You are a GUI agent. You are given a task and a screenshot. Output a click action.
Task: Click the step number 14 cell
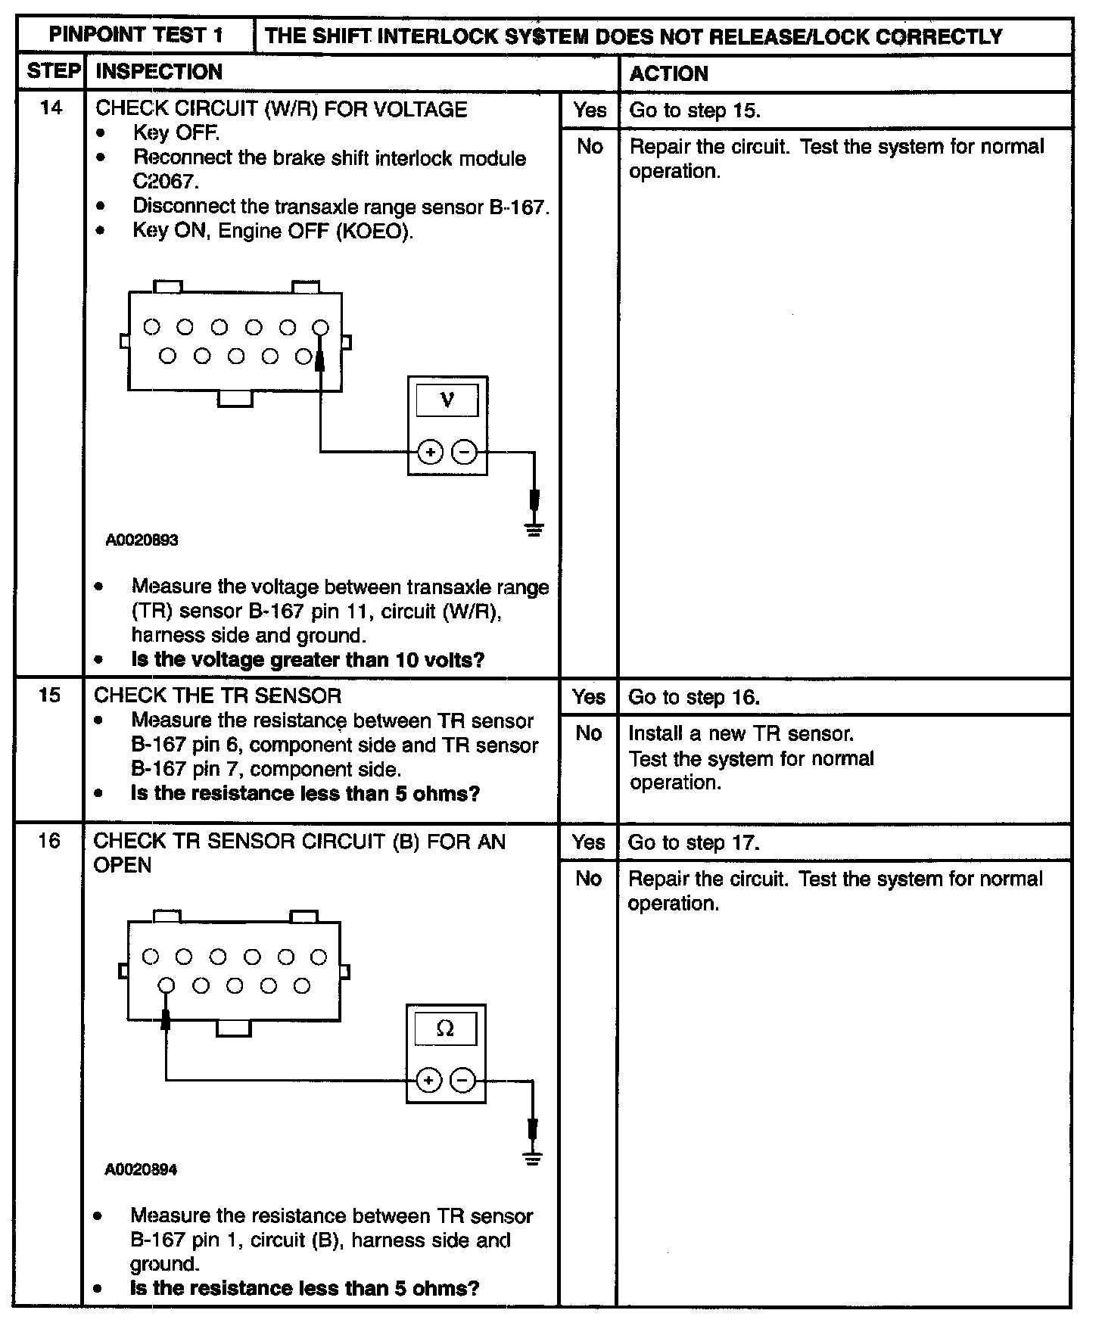(x=51, y=107)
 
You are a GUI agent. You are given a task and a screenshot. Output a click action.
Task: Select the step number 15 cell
(x=49, y=695)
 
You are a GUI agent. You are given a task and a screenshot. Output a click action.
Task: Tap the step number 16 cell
(x=49, y=841)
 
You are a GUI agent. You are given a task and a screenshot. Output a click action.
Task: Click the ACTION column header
(x=669, y=73)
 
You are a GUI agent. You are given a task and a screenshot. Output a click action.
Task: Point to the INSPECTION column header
(x=160, y=72)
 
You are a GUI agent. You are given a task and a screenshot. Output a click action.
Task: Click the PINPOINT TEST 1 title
(x=136, y=36)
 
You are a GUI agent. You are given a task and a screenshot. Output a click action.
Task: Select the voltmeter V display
(x=447, y=400)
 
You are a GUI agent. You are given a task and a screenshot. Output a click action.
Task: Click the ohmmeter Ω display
(x=446, y=1029)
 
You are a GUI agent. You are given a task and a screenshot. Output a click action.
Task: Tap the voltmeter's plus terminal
(x=430, y=453)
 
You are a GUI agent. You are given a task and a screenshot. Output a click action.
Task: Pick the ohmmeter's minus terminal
(x=463, y=1080)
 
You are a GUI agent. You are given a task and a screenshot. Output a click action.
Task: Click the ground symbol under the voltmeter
(x=535, y=528)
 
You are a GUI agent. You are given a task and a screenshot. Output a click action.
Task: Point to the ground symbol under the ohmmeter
(x=534, y=1158)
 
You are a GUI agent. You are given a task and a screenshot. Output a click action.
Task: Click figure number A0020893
(x=142, y=540)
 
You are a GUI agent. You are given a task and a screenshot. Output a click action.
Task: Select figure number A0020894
(x=141, y=1169)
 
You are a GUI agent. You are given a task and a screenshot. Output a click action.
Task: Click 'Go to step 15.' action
(x=695, y=110)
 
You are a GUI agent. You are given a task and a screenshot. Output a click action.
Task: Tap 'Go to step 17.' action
(x=693, y=843)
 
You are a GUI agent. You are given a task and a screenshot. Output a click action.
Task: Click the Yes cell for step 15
(x=589, y=697)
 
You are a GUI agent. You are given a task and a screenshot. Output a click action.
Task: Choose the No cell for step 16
(x=588, y=879)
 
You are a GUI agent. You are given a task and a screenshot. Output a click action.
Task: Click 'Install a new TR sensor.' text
(x=741, y=733)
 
